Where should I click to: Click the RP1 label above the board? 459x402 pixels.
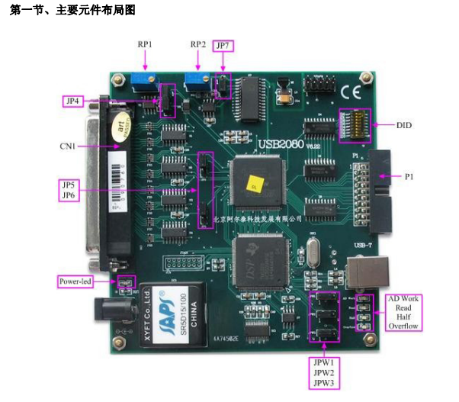[x=145, y=45]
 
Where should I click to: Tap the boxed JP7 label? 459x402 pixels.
[x=223, y=45]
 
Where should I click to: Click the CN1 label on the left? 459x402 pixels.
[x=68, y=146]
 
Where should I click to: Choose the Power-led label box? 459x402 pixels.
[x=75, y=281]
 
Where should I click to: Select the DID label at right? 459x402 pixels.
[x=405, y=124]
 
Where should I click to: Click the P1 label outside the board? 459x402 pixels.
[x=409, y=176]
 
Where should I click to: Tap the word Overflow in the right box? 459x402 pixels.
[x=403, y=325]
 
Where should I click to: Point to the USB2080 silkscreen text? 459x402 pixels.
[x=281, y=143]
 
